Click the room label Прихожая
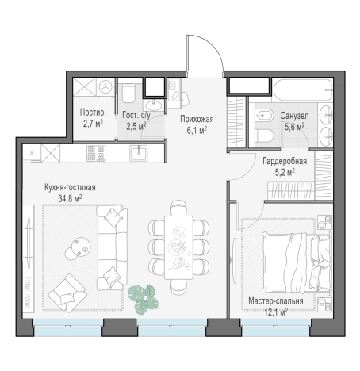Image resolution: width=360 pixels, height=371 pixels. [x=197, y=119]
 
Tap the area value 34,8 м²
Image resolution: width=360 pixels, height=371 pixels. [x=70, y=198]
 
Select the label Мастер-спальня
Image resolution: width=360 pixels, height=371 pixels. [x=276, y=301]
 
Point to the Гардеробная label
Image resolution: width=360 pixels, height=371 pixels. [x=285, y=161]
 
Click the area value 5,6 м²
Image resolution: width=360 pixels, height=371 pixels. [x=294, y=127]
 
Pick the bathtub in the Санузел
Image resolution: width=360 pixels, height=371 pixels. [x=303, y=90]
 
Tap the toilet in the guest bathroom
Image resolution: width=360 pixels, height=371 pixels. [x=128, y=94]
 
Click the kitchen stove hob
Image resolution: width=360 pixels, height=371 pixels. [x=96, y=153]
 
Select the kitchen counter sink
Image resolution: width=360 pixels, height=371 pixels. [x=138, y=153]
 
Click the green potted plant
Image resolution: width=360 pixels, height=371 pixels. [x=144, y=300]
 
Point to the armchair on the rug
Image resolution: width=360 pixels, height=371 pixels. [x=67, y=293]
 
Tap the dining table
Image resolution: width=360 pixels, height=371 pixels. [x=178, y=247]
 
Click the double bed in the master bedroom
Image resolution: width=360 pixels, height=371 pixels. [x=296, y=262]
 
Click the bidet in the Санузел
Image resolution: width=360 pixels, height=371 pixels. [x=264, y=116]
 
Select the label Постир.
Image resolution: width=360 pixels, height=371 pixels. [x=93, y=113]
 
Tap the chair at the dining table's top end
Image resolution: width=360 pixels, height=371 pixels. [x=178, y=208]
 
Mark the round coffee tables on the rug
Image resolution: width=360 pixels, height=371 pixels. [x=78, y=249]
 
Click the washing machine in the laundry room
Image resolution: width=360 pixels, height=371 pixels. [x=105, y=86]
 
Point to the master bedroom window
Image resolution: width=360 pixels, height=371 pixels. [x=275, y=327]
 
